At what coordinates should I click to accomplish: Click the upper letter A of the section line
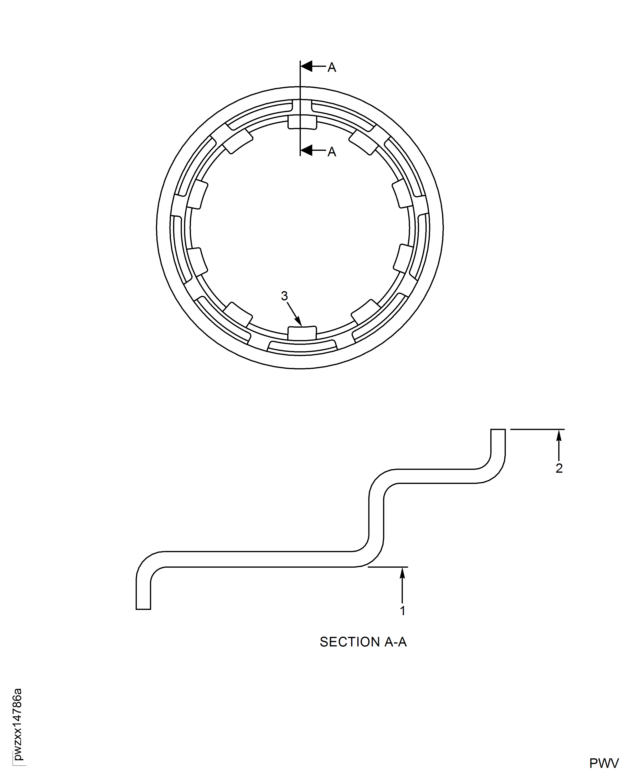(x=332, y=68)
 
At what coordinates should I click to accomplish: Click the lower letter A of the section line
(x=332, y=152)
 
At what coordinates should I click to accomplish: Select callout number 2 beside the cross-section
(x=559, y=468)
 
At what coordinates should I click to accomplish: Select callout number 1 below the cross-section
(x=402, y=611)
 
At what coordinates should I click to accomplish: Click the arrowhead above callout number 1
(x=402, y=573)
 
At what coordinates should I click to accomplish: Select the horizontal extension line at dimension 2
(x=537, y=429)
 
